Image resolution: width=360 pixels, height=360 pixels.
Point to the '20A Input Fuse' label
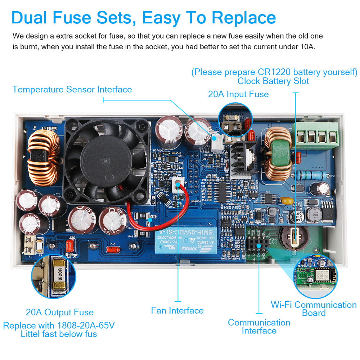pos(238,94)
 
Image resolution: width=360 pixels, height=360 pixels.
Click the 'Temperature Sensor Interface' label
pos(72,89)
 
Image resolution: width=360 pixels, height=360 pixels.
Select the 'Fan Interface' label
pos(177,310)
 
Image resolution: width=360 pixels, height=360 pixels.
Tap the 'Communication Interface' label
pos(259,327)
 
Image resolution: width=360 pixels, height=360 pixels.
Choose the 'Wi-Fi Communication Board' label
pos(314,309)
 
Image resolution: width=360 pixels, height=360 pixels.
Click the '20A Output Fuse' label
pos(59,312)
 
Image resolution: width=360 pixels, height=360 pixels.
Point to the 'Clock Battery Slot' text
pos(273,81)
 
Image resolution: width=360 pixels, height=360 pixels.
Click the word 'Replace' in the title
pos(244,18)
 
